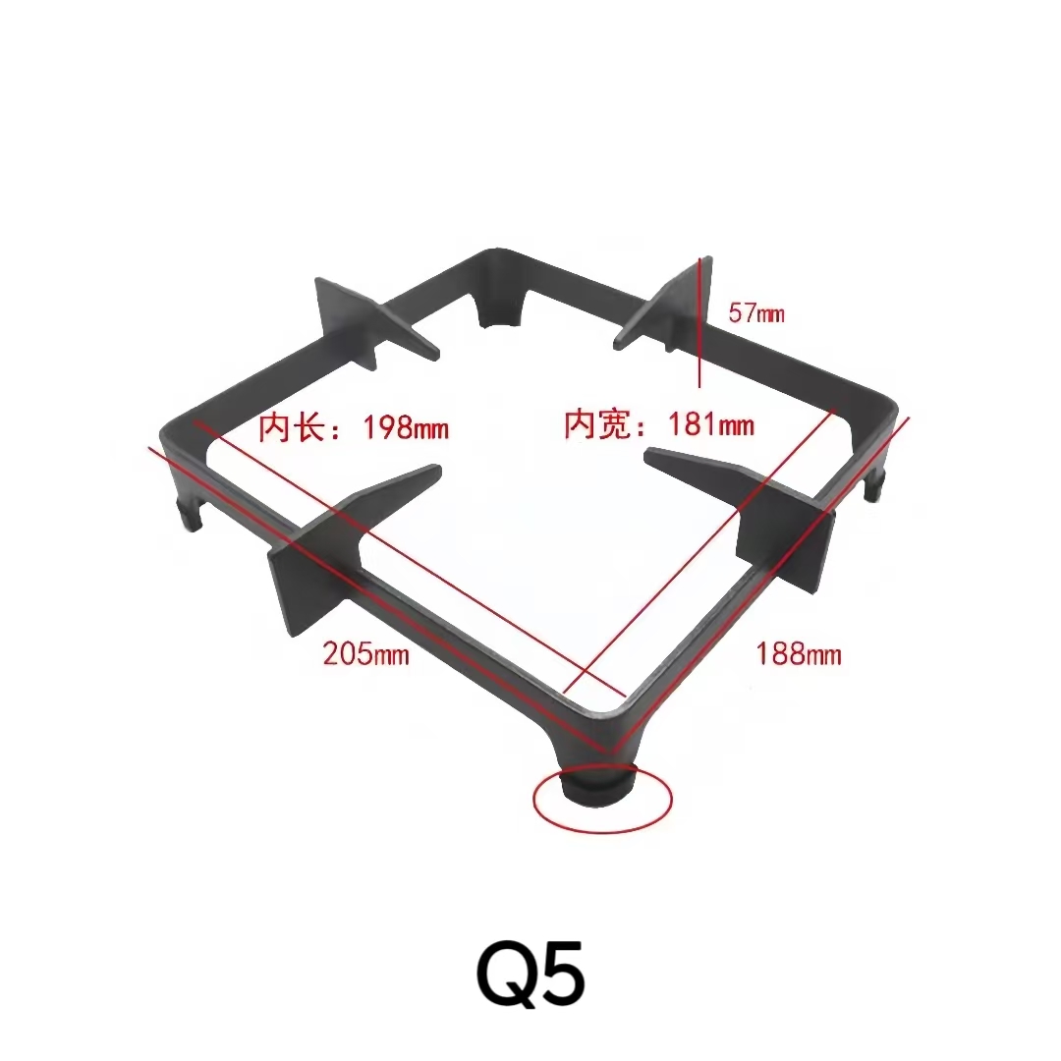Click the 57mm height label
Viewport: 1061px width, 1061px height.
(756, 314)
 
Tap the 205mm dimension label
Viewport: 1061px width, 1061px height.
(365, 653)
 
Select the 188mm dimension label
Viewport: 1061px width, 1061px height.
(798, 653)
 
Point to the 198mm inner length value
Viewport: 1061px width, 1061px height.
(406, 428)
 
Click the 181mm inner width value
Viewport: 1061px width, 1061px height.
(711, 425)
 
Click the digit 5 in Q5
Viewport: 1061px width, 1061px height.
(563, 975)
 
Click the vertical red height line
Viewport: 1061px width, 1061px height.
(699, 324)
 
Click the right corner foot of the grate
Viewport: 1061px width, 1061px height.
(873, 485)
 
